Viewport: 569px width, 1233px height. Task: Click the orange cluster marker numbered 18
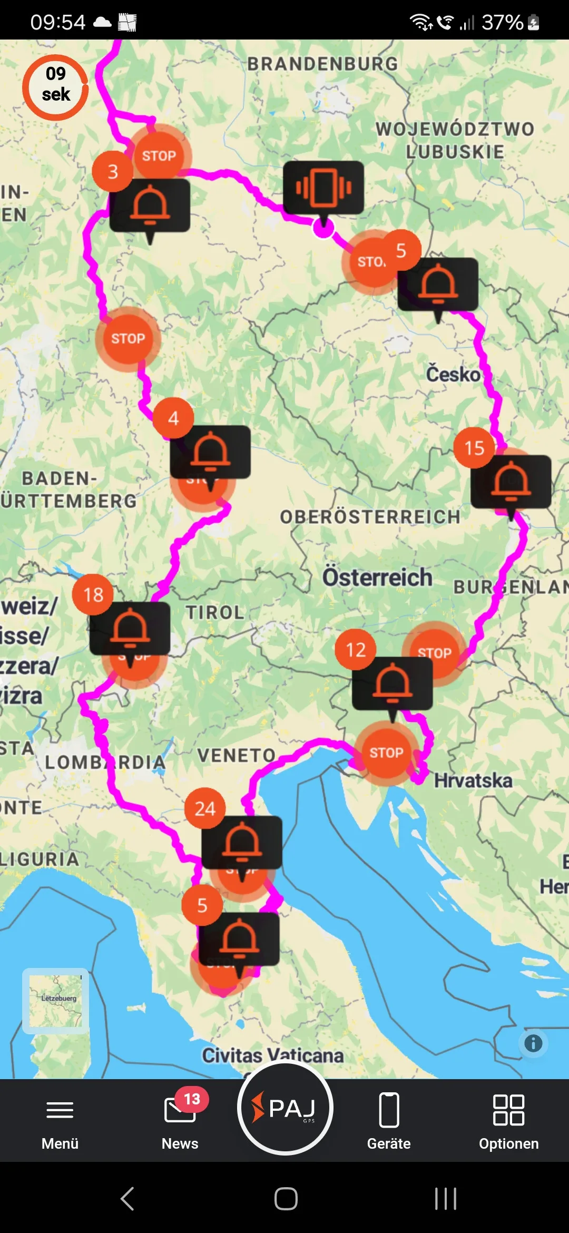coord(93,594)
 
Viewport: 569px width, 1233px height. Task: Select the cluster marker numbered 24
coord(205,808)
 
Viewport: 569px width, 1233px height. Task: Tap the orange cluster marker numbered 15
coord(474,448)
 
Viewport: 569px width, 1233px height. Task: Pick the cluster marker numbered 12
coord(356,650)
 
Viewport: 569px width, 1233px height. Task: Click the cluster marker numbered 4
coord(173,418)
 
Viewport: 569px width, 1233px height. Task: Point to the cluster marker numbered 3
coord(113,171)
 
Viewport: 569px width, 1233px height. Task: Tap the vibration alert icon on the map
coord(323,188)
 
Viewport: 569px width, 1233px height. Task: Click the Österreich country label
coord(377,577)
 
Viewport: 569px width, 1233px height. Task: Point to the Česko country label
coord(453,374)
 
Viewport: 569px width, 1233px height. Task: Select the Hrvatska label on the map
coord(473,780)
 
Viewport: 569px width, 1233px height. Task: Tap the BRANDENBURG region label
coord(322,64)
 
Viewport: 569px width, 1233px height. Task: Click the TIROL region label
coord(215,612)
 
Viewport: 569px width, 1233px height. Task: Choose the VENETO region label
coord(237,755)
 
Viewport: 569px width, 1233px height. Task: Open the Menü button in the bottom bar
coord(60,1120)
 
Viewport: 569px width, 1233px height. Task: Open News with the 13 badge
coord(180,1120)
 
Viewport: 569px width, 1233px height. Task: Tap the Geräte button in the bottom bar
coord(389,1120)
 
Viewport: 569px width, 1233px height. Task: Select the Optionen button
coord(508,1120)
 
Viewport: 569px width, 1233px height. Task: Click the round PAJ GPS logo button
coord(285,1108)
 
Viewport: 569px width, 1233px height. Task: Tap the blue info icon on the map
coord(533,1043)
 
